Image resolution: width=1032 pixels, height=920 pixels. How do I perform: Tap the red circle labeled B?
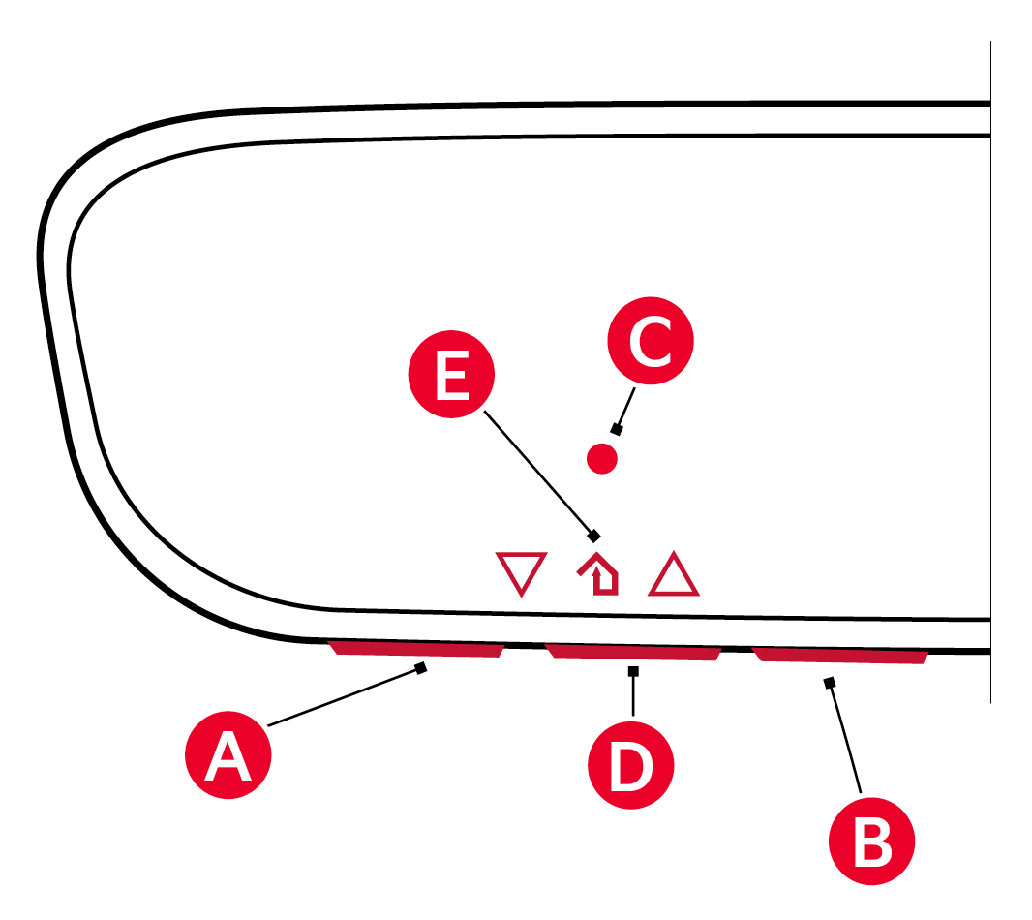tap(872, 842)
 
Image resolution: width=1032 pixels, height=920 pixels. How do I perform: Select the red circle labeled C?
tap(651, 342)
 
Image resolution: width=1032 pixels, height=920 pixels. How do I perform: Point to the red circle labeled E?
tap(451, 377)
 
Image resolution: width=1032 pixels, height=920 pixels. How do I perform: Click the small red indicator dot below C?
tap(602, 458)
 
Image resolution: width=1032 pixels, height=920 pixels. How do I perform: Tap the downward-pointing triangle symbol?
tap(521, 572)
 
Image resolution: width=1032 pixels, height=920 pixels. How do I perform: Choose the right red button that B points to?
tap(840, 657)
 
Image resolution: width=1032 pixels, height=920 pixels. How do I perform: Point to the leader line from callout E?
tap(538, 473)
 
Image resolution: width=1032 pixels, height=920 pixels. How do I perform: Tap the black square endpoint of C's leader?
tap(616, 429)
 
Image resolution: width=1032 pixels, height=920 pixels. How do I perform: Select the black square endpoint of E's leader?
tap(594, 535)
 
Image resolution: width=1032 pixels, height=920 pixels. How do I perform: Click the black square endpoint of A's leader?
tap(421, 667)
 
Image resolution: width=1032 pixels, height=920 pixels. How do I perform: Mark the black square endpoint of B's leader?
tap(829, 683)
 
